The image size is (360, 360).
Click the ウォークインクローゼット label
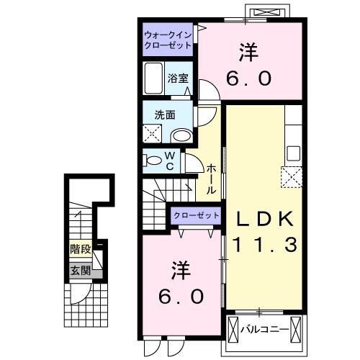167,40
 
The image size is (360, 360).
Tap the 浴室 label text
177,78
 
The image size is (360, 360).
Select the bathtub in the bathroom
153,78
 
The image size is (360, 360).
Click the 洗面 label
164,114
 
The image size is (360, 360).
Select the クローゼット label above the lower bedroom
196,215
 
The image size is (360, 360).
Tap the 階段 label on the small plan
80,250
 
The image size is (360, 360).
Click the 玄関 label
80,271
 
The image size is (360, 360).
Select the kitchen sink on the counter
293,153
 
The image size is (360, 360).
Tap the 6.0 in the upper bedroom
250,77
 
